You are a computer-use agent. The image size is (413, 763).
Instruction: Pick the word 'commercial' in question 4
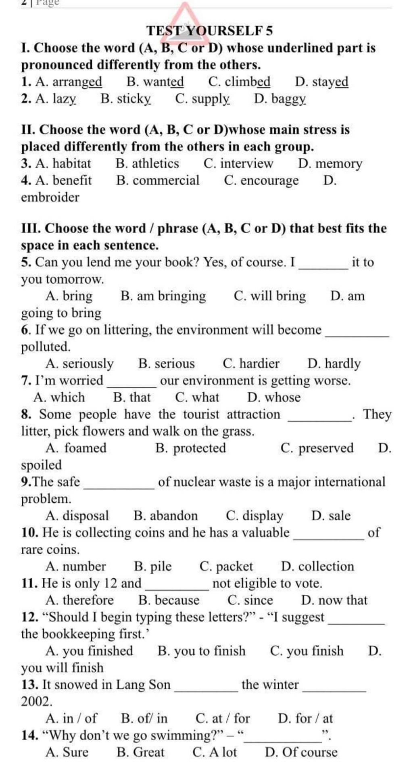point(166,180)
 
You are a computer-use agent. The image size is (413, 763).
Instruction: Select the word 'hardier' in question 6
point(259,364)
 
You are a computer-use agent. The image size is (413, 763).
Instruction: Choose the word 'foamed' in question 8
point(86,448)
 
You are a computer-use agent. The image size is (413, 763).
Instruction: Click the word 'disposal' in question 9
point(86,516)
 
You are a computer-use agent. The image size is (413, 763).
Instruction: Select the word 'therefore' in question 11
point(88,600)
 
